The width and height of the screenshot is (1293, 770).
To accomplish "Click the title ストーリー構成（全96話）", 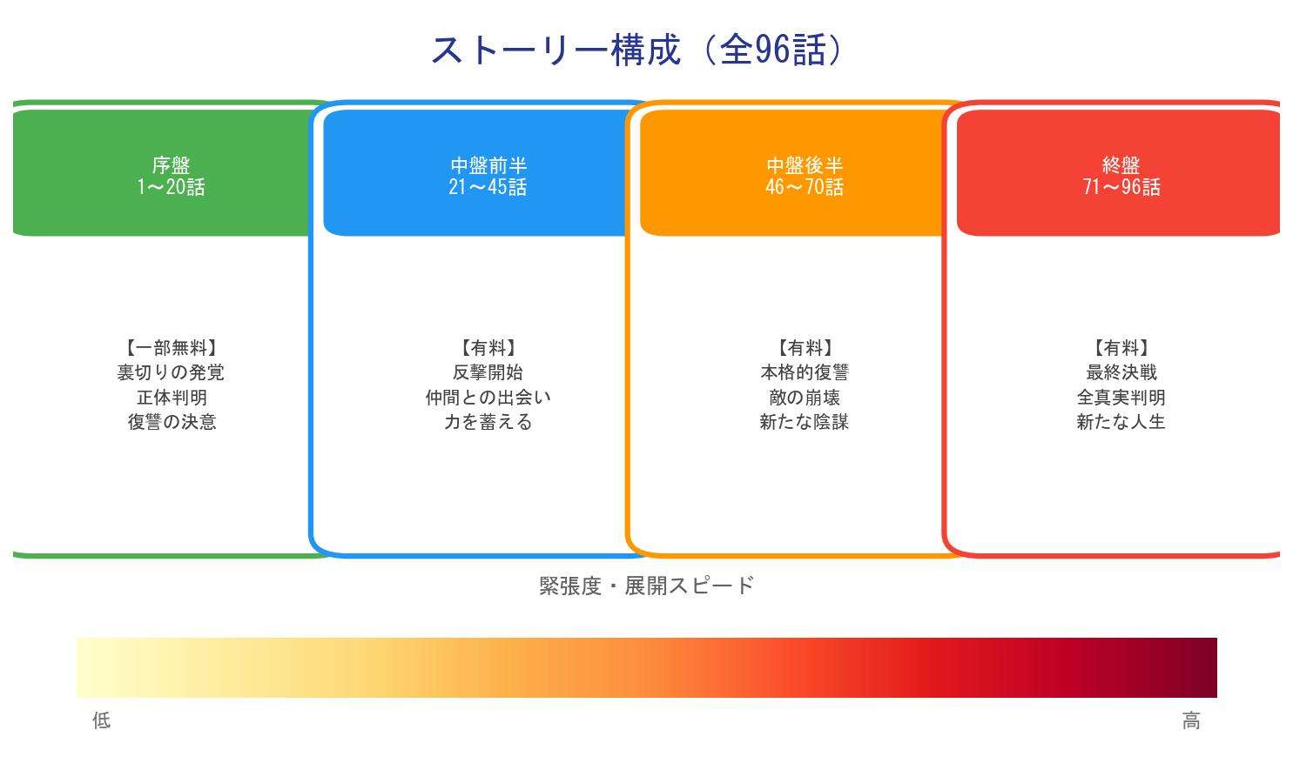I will [637, 50].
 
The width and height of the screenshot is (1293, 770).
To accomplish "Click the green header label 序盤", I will [171, 164].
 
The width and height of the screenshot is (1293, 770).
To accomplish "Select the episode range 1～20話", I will [171, 187].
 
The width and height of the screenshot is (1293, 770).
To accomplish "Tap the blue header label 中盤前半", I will [488, 164].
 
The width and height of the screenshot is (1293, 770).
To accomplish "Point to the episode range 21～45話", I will [488, 187].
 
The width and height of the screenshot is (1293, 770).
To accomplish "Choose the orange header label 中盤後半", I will [805, 164].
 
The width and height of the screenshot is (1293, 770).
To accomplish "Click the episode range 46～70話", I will [805, 187].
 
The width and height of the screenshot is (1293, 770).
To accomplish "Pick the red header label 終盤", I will [1121, 164].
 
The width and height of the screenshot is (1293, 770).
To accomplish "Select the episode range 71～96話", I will [1121, 187].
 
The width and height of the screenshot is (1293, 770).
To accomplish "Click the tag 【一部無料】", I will [171, 348].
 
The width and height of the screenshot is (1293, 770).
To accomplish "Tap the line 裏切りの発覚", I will [171, 372].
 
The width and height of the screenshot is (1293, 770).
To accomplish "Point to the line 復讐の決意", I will [171, 422].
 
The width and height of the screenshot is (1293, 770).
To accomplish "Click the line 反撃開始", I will [488, 372].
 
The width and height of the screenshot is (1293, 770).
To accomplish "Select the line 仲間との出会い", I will [488, 398].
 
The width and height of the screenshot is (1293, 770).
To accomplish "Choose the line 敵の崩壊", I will [805, 398].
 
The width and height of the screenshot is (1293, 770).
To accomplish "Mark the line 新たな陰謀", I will [805, 422].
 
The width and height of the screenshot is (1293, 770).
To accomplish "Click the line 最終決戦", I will [1121, 372].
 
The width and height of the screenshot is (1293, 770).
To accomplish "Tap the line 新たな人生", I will [1121, 422].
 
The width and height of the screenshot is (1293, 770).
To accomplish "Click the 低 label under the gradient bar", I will [102, 720].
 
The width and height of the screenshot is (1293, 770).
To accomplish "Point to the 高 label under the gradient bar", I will [1191, 720].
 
